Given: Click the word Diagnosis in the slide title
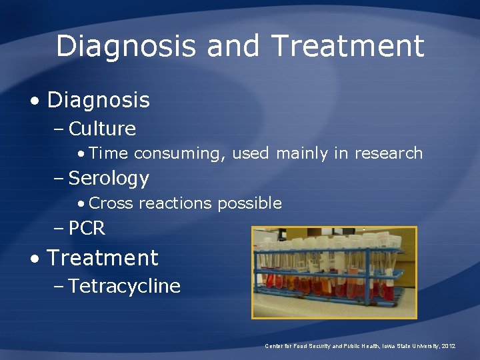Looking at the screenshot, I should pos(125,46).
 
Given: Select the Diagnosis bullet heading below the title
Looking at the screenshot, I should pos(98,100).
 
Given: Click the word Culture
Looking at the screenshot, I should pos(102,128).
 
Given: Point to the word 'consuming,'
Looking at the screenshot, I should pos(180,153).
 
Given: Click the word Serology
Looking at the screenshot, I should pos(109,178).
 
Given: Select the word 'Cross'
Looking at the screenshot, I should pos(111,203).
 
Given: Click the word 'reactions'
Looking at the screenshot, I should pos(175,203).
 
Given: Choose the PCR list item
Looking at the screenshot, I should pos(87,228).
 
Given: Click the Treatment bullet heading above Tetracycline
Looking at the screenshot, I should pos(102,257).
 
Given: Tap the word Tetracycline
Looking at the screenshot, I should pos(124,286).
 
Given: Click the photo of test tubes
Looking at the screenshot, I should pos(333,272).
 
